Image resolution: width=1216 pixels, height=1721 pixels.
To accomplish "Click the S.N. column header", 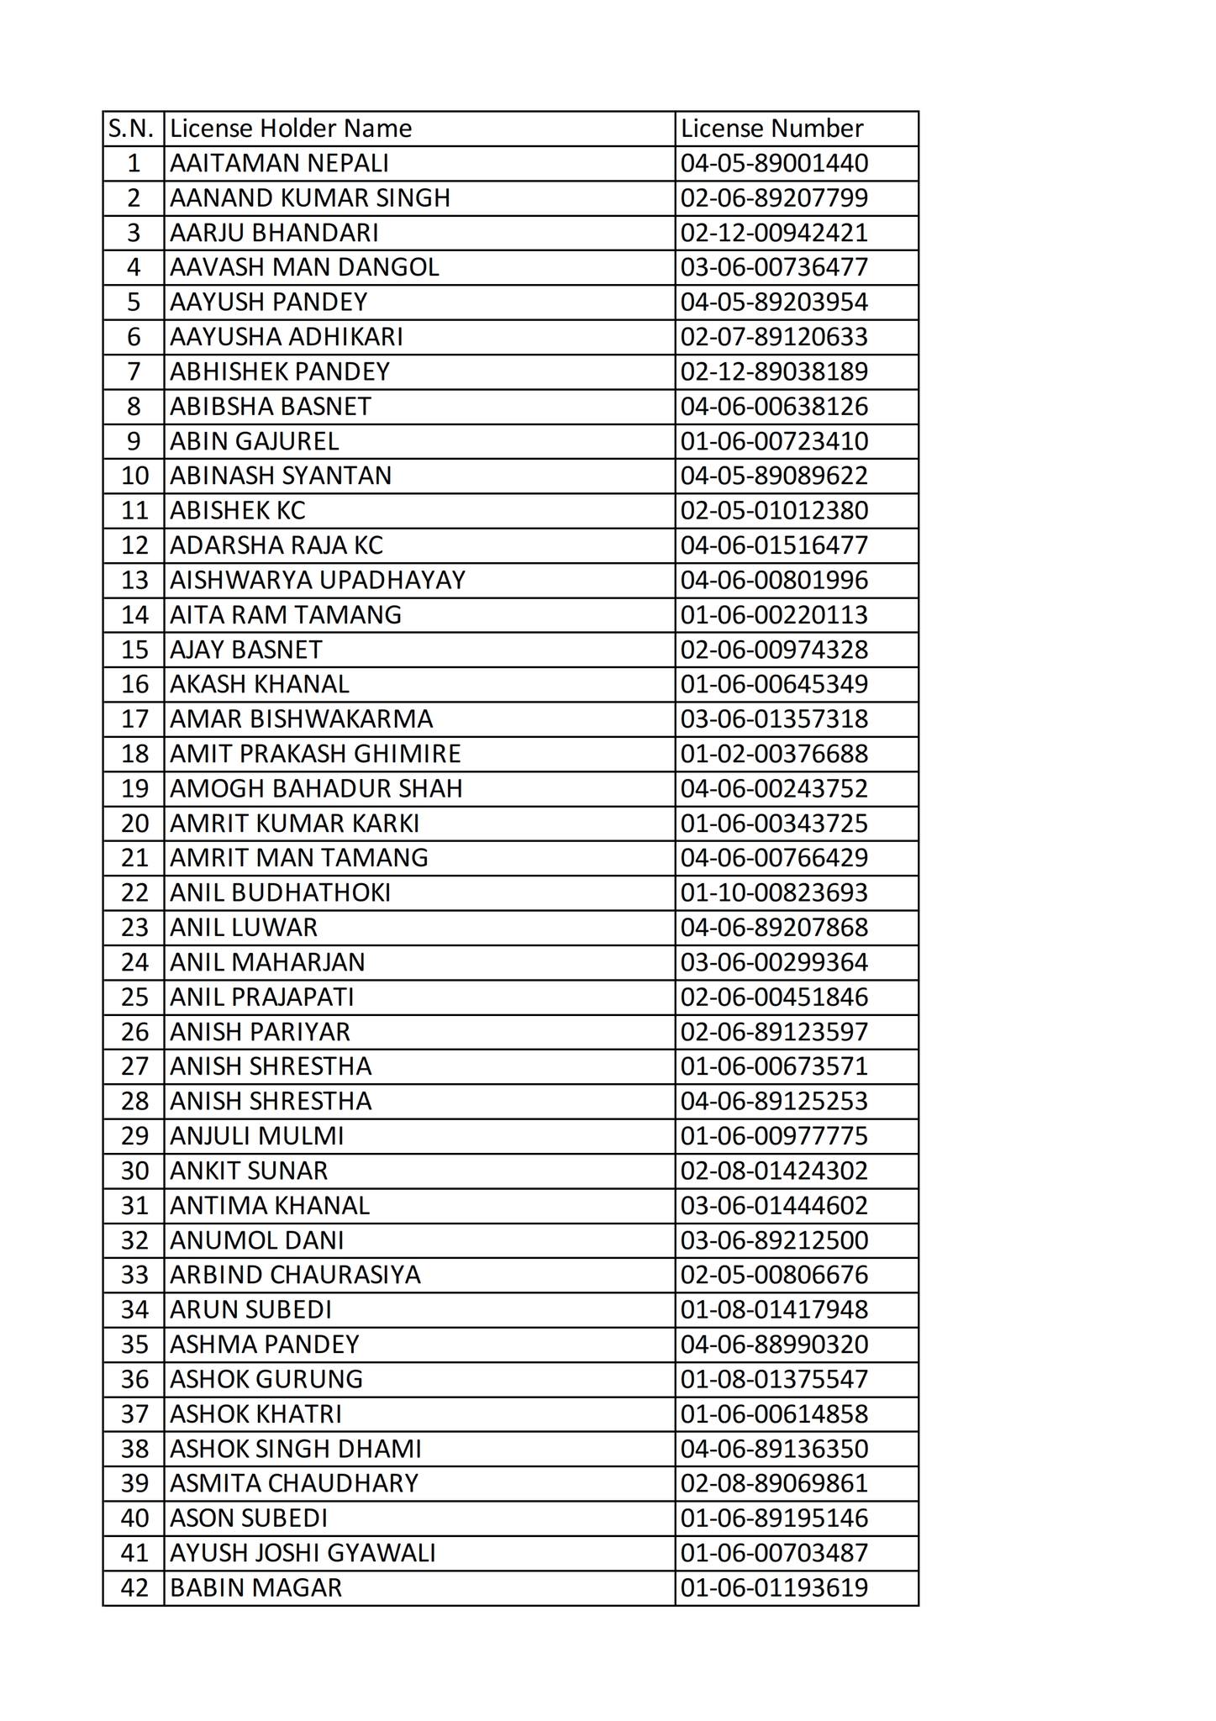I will coord(132,129).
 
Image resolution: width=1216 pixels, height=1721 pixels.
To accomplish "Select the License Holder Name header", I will coord(291,129).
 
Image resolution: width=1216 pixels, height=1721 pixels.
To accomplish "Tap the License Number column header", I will coord(771,129).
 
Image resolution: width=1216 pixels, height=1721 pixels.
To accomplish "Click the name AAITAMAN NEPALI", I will coord(279,163).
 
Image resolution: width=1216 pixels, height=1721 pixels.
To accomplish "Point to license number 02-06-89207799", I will coord(774,198).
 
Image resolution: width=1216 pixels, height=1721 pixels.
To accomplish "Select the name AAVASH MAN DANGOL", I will coord(304,267).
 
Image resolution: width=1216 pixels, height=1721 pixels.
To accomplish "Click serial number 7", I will coord(134,371).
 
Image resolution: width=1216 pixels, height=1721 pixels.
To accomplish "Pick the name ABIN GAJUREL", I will coord(255,441).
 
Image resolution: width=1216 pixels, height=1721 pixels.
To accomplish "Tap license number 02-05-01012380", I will coord(774,511).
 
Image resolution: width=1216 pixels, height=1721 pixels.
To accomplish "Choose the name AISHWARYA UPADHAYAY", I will coord(318,580).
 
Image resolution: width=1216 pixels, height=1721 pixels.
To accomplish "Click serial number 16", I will coord(134,684).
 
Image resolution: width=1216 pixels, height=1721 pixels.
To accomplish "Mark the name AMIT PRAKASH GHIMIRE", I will coord(315,754).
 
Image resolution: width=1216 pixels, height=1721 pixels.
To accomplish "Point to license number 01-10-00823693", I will coord(774,892).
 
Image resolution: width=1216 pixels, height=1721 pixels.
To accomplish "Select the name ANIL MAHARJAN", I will coord(267,962).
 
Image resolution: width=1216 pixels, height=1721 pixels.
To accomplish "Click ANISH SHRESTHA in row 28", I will coord(271,1101).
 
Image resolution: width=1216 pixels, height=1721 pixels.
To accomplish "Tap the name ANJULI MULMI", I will coord(257,1136).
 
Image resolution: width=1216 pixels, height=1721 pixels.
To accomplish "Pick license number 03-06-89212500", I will coord(774,1240).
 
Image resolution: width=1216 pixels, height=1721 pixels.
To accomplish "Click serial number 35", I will coord(134,1345).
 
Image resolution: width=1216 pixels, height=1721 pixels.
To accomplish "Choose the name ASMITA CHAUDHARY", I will coord(294,1483).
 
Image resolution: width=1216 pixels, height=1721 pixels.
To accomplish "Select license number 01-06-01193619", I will coord(774,1587).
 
